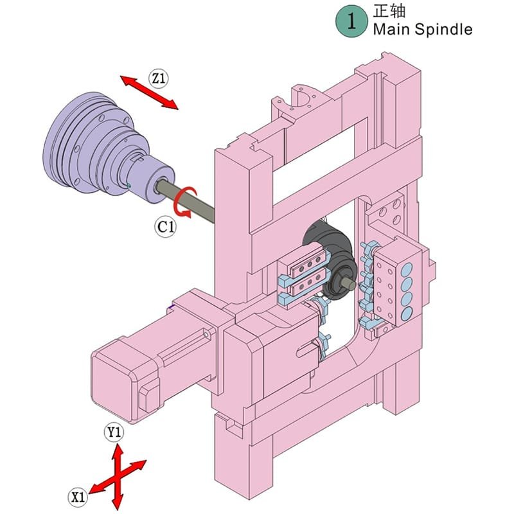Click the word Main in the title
pyautogui.click(x=390, y=29)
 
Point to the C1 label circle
pyautogui.click(x=166, y=226)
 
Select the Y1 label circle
pyautogui.click(x=114, y=432)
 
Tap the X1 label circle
pyautogui.click(x=78, y=496)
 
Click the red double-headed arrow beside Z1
pyautogui.click(x=149, y=91)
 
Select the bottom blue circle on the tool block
pyautogui.click(x=406, y=313)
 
